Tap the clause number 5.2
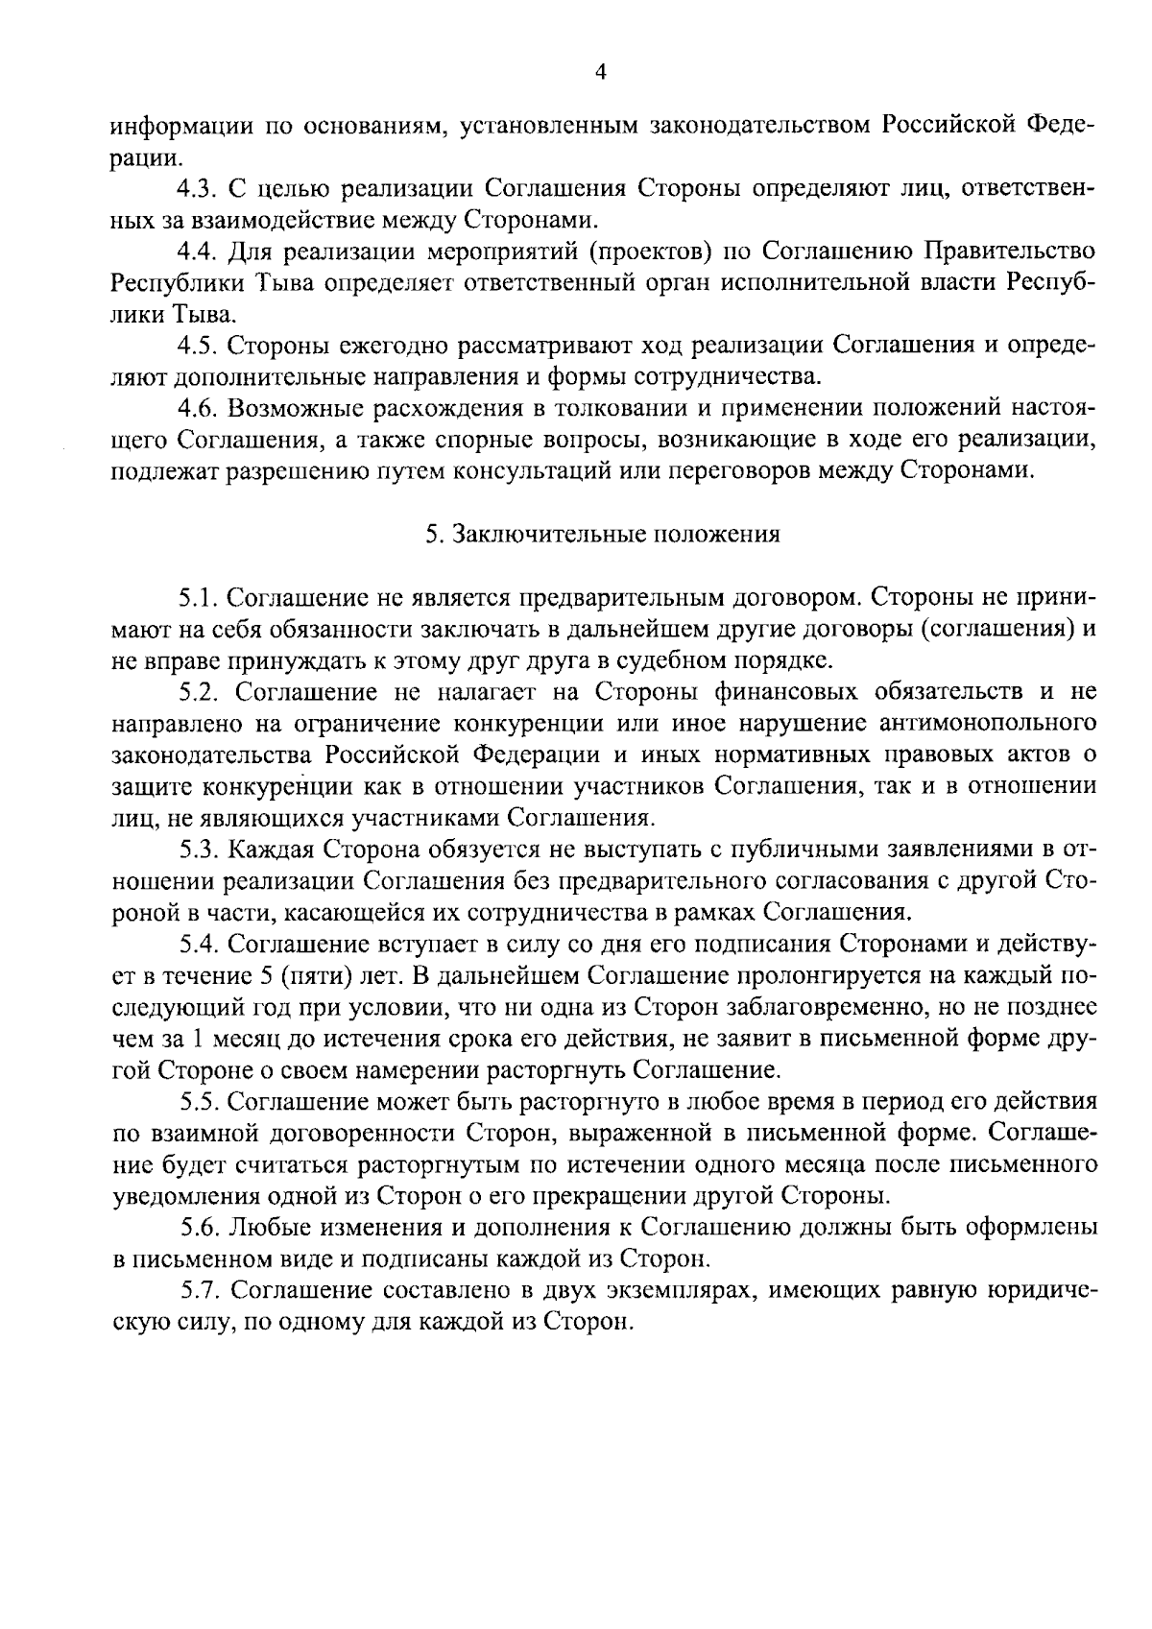pyautogui.click(x=201, y=691)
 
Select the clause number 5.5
pyautogui.click(x=201, y=1102)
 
